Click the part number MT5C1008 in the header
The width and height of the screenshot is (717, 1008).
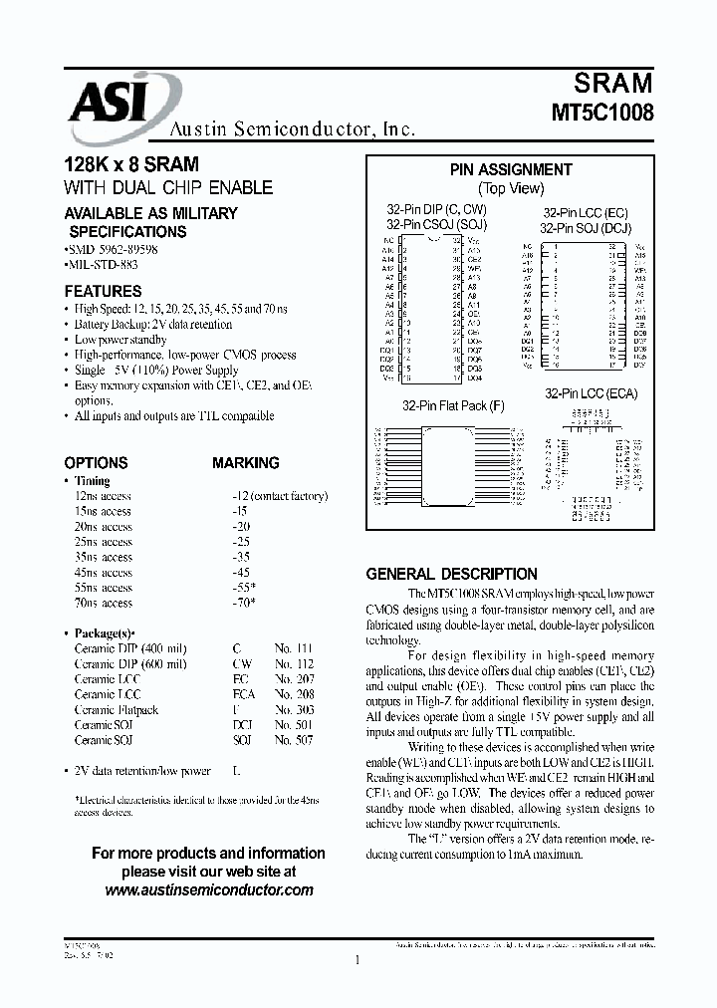[x=602, y=113]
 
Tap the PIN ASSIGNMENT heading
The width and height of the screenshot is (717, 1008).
[x=511, y=170]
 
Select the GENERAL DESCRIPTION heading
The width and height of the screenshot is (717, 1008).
[x=451, y=575]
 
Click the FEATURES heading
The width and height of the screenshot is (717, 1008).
[x=103, y=292]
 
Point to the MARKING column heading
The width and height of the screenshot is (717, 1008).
[x=245, y=463]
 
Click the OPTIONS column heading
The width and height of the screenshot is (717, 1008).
[x=96, y=463]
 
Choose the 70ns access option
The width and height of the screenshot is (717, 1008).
[x=103, y=603]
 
